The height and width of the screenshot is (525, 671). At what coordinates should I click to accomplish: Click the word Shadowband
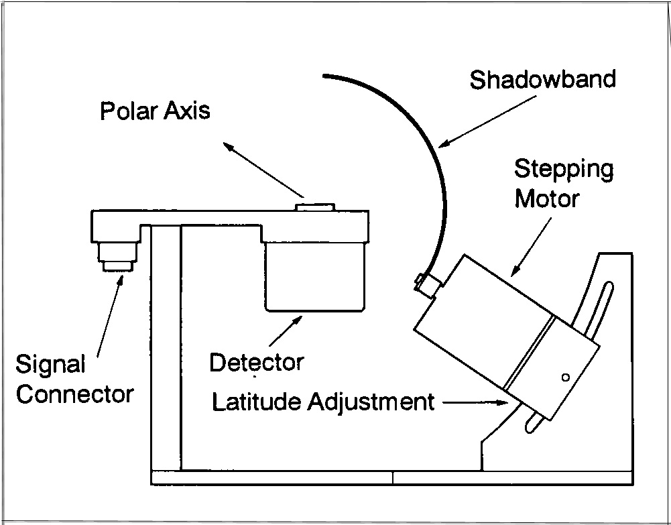click(x=542, y=80)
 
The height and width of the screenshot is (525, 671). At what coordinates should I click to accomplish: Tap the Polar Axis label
click(x=155, y=111)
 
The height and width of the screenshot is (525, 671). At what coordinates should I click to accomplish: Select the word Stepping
click(x=564, y=170)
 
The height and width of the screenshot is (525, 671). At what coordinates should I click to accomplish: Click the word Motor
click(x=547, y=199)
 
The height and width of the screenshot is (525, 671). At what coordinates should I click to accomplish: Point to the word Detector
click(x=257, y=362)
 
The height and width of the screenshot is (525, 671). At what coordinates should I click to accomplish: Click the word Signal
click(x=50, y=365)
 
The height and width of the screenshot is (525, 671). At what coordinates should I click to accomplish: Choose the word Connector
click(x=75, y=394)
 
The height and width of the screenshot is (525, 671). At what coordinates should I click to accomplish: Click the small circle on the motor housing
click(x=565, y=377)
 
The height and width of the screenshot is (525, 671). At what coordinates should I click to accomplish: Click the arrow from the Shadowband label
click(x=487, y=121)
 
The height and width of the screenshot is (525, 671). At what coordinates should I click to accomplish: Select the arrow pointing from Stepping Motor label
click(x=531, y=247)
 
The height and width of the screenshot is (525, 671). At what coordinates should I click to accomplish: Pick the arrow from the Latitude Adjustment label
click(x=475, y=402)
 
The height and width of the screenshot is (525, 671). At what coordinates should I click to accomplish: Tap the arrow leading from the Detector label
click(x=286, y=331)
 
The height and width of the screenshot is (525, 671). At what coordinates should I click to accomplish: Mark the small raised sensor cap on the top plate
click(x=315, y=207)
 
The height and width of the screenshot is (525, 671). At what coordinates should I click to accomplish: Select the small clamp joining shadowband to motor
click(x=428, y=284)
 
